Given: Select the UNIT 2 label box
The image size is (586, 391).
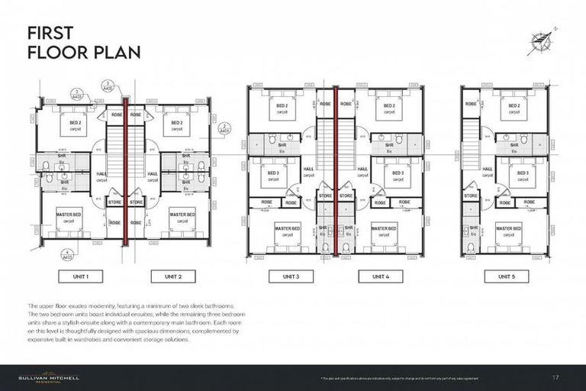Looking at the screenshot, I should pyautogui.click(x=175, y=276).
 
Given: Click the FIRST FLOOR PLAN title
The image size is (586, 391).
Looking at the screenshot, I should pyautogui.click(x=73, y=43).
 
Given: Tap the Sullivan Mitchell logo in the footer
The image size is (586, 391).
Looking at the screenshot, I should pyautogui.click(x=50, y=377).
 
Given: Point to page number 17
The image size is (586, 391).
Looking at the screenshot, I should pyautogui.click(x=555, y=377).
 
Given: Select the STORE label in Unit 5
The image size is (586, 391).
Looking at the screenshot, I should pyautogui.click(x=471, y=195).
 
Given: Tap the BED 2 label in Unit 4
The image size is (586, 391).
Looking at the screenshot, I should pyautogui.click(x=389, y=105).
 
